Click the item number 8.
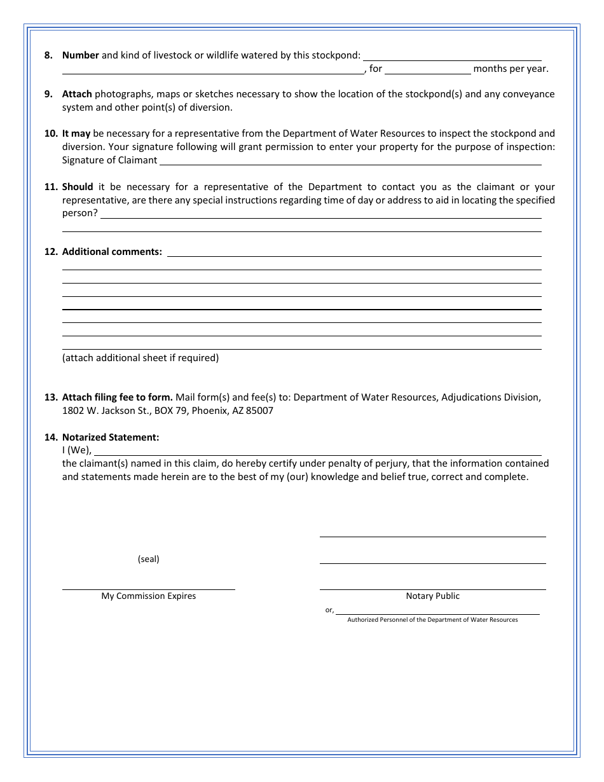[x=48, y=55]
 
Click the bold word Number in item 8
[x=80, y=55]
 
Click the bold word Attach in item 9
[x=77, y=94]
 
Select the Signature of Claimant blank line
[x=350, y=161]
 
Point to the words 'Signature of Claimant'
[x=109, y=160]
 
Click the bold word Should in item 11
[x=78, y=187]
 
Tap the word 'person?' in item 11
[x=80, y=214]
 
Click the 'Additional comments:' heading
[x=112, y=252]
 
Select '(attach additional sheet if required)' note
[x=141, y=358]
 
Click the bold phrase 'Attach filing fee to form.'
[x=118, y=397]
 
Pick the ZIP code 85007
[x=259, y=411]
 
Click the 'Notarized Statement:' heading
[x=111, y=437]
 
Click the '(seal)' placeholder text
[x=149, y=559]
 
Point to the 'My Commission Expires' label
[x=149, y=596]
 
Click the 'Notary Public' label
[x=432, y=596]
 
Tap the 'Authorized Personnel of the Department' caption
[x=432, y=620]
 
